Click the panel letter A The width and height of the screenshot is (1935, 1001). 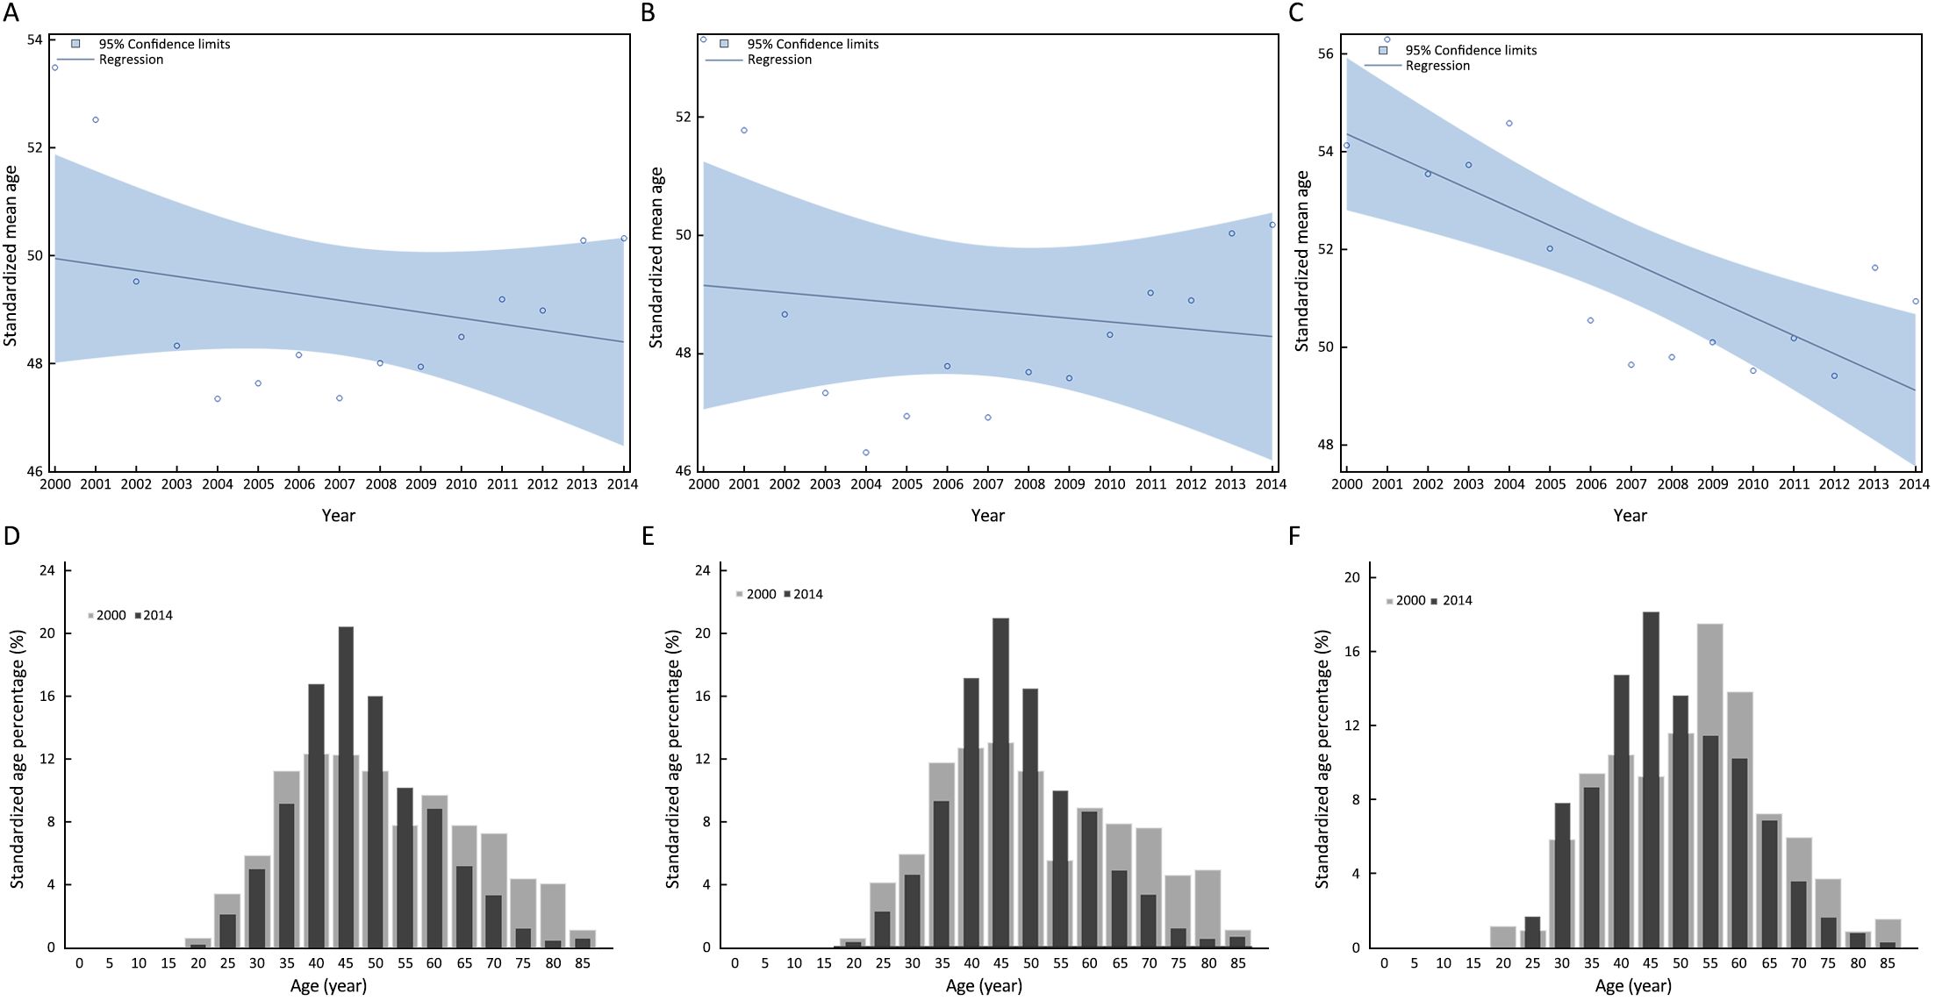(x=11, y=12)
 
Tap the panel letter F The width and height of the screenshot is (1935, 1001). (x=1294, y=535)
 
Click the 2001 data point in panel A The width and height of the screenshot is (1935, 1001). (x=96, y=119)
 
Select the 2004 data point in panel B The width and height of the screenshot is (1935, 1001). (x=866, y=453)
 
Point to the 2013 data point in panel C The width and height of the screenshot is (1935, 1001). (x=1875, y=268)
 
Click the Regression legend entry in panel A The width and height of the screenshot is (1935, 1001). (x=131, y=60)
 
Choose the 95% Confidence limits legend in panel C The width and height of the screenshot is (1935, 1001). (x=1471, y=50)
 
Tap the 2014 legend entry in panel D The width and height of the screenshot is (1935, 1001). (x=158, y=615)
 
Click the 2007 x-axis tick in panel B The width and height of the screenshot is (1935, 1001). (x=988, y=484)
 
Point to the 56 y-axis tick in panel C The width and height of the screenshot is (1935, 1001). (x=1325, y=54)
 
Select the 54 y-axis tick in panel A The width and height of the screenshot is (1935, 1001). (x=35, y=39)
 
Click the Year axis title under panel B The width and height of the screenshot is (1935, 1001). (x=987, y=516)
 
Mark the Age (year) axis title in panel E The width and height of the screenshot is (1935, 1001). (x=984, y=986)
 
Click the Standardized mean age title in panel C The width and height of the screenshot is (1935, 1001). (x=1302, y=261)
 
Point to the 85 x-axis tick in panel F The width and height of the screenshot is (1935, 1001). (x=1887, y=962)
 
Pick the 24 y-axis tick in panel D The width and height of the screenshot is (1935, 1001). (x=47, y=570)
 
